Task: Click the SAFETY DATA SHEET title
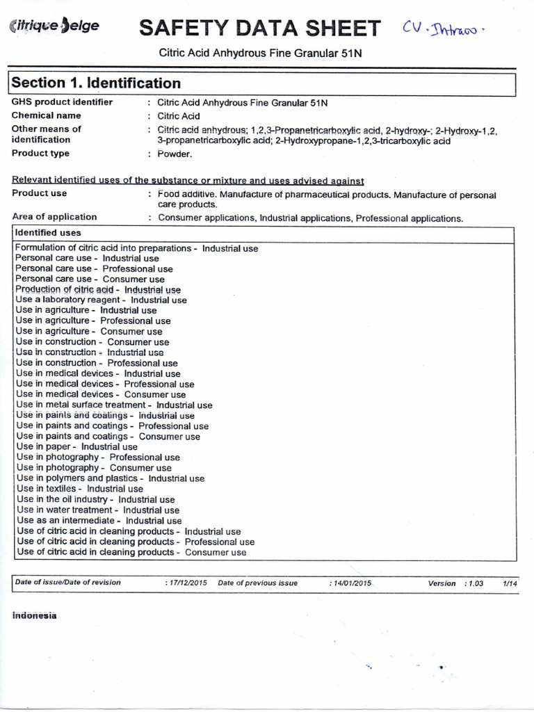[x=259, y=28]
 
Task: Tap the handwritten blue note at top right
[x=444, y=29]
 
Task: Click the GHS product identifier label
[x=62, y=102]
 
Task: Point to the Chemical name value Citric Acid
[x=179, y=116]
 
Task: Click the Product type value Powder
[x=175, y=154]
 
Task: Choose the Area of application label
[x=54, y=217]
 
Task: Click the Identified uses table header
[x=48, y=233]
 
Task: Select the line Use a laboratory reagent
[x=101, y=300]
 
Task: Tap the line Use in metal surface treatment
[x=114, y=405]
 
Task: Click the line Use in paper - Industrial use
[x=76, y=447]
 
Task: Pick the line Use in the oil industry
[x=95, y=499]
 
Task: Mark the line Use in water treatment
[x=98, y=510]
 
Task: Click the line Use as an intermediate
[x=99, y=520]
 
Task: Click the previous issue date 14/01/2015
[x=351, y=583]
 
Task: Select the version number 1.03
[x=476, y=583]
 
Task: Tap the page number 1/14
[x=510, y=583]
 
